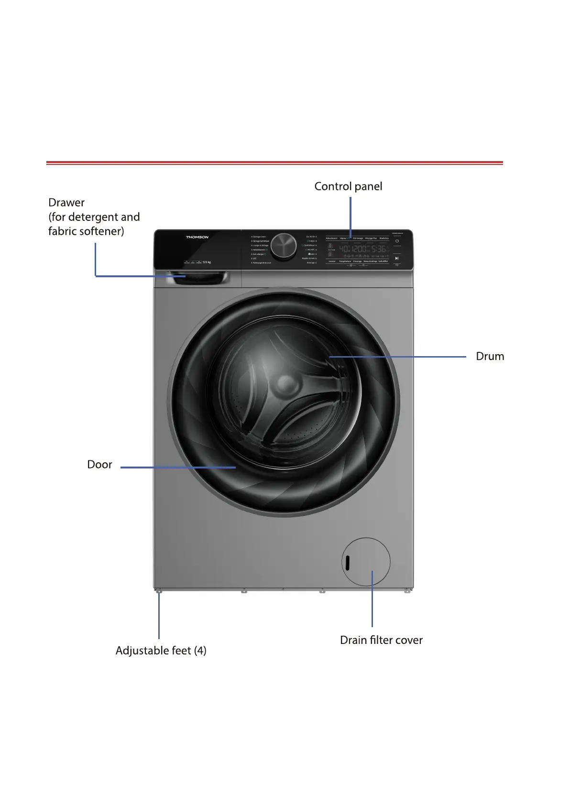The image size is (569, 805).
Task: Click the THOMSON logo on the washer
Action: pos(197,237)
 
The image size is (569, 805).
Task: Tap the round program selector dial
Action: pos(284,247)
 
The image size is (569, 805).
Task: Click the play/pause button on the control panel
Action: pos(397,258)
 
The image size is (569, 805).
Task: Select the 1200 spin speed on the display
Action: pos(359,249)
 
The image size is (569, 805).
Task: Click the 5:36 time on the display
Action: pos(379,249)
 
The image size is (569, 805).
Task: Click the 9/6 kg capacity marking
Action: pos(207,262)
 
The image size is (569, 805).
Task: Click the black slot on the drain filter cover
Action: pos(348,563)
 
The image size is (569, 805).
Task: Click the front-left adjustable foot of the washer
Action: pos(159,591)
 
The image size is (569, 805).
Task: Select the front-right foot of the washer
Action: pos(407,591)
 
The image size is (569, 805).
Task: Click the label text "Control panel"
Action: pos(348,186)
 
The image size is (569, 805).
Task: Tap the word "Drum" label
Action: pos(490,357)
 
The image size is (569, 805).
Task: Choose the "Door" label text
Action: pos(99,465)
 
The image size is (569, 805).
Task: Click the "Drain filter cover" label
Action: pos(381,640)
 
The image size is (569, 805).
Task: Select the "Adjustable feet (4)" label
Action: pos(161,651)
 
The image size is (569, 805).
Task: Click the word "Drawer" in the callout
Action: pos(66,203)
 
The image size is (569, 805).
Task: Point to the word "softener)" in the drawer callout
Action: pos(102,231)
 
